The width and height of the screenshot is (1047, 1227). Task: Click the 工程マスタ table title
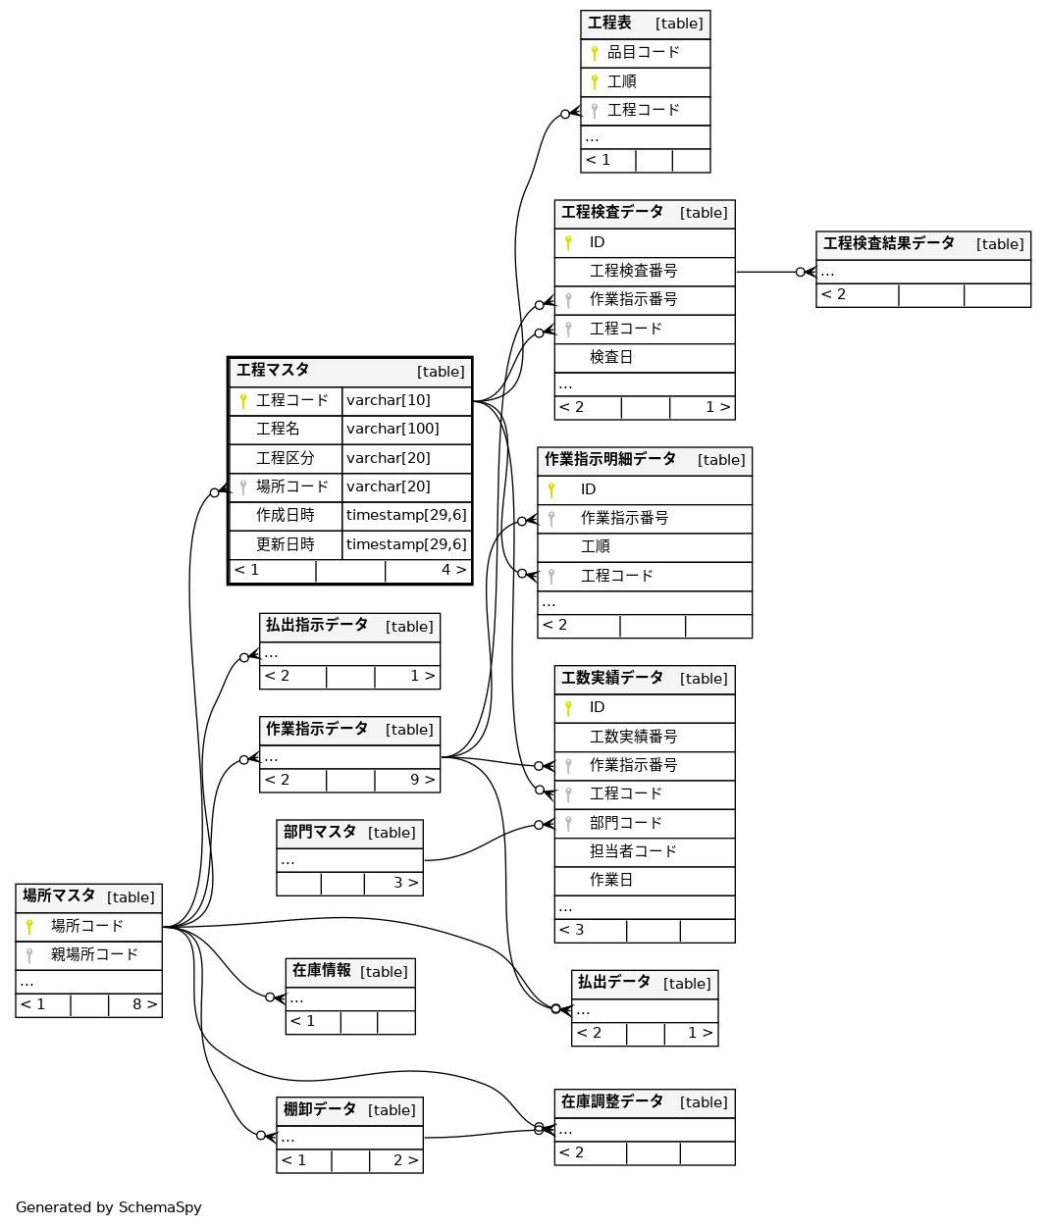(x=273, y=370)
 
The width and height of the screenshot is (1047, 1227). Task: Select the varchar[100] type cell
(x=393, y=429)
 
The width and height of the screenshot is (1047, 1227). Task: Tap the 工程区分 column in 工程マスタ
(x=285, y=458)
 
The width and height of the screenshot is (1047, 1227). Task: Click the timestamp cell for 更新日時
(x=406, y=544)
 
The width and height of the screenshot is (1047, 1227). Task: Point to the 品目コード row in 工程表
(x=643, y=52)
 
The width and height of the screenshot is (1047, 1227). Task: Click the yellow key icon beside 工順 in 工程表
(x=594, y=81)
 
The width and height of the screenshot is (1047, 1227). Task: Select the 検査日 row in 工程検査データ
(x=610, y=357)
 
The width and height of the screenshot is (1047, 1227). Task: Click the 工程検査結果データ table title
(x=888, y=243)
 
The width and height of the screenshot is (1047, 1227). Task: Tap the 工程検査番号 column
(x=633, y=271)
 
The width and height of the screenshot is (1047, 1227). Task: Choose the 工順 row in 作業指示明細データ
(x=595, y=546)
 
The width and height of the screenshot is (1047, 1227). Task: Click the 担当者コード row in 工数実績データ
(x=633, y=851)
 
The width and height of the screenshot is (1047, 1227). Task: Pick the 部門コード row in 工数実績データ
(x=625, y=823)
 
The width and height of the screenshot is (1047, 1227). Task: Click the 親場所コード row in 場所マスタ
(x=94, y=954)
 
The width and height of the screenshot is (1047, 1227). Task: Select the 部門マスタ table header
(x=320, y=832)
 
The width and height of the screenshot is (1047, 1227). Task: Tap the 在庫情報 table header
(x=322, y=970)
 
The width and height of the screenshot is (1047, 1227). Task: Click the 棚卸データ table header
(x=320, y=1109)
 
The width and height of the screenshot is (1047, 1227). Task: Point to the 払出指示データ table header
(x=317, y=625)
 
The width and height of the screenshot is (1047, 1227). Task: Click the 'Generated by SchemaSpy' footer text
(x=108, y=1207)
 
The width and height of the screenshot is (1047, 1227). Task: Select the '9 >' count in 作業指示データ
(x=422, y=780)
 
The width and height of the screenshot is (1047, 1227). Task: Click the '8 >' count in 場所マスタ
(x=144, y=1004)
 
